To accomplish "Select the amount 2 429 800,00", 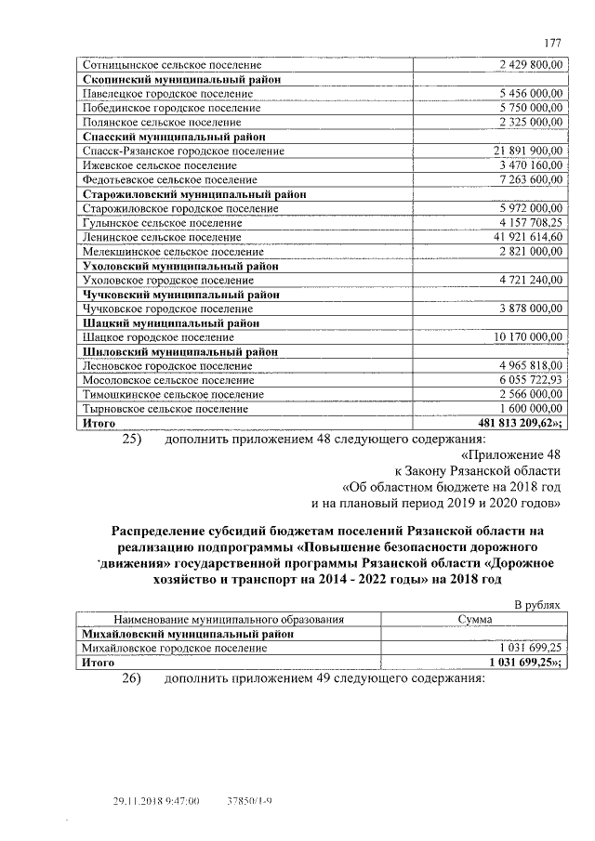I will point(531,65).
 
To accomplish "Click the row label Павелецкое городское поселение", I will point(168,94).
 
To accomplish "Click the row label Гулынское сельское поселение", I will point(162,222).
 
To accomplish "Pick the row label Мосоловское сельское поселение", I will point(167,380).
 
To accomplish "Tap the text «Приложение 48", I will point(511,456).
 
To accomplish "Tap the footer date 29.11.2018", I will point(141,800).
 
